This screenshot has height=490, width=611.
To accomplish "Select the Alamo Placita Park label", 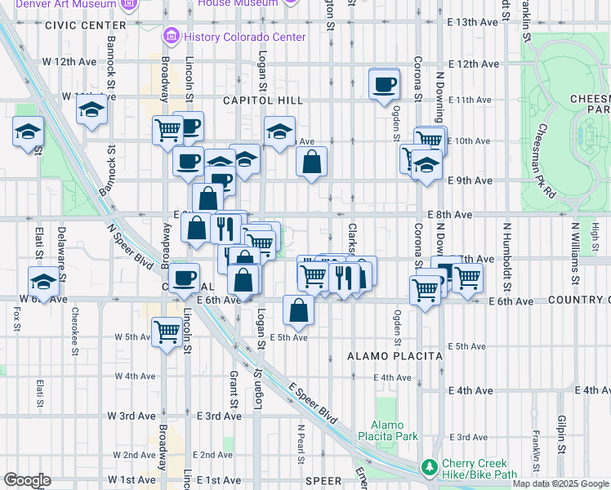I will (394, 430).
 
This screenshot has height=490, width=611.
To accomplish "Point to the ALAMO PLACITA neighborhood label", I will (395, 356).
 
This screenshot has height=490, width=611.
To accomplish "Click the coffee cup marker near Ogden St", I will (384, 85).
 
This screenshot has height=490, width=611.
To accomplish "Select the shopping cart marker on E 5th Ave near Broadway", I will (167, 332).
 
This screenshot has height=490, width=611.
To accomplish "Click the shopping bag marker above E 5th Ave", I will (299, 310).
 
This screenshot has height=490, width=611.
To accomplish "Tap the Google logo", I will (27, 480).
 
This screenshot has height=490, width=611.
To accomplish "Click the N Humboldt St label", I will (506, 258).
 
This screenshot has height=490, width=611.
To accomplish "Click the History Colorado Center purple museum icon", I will (172, 36).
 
